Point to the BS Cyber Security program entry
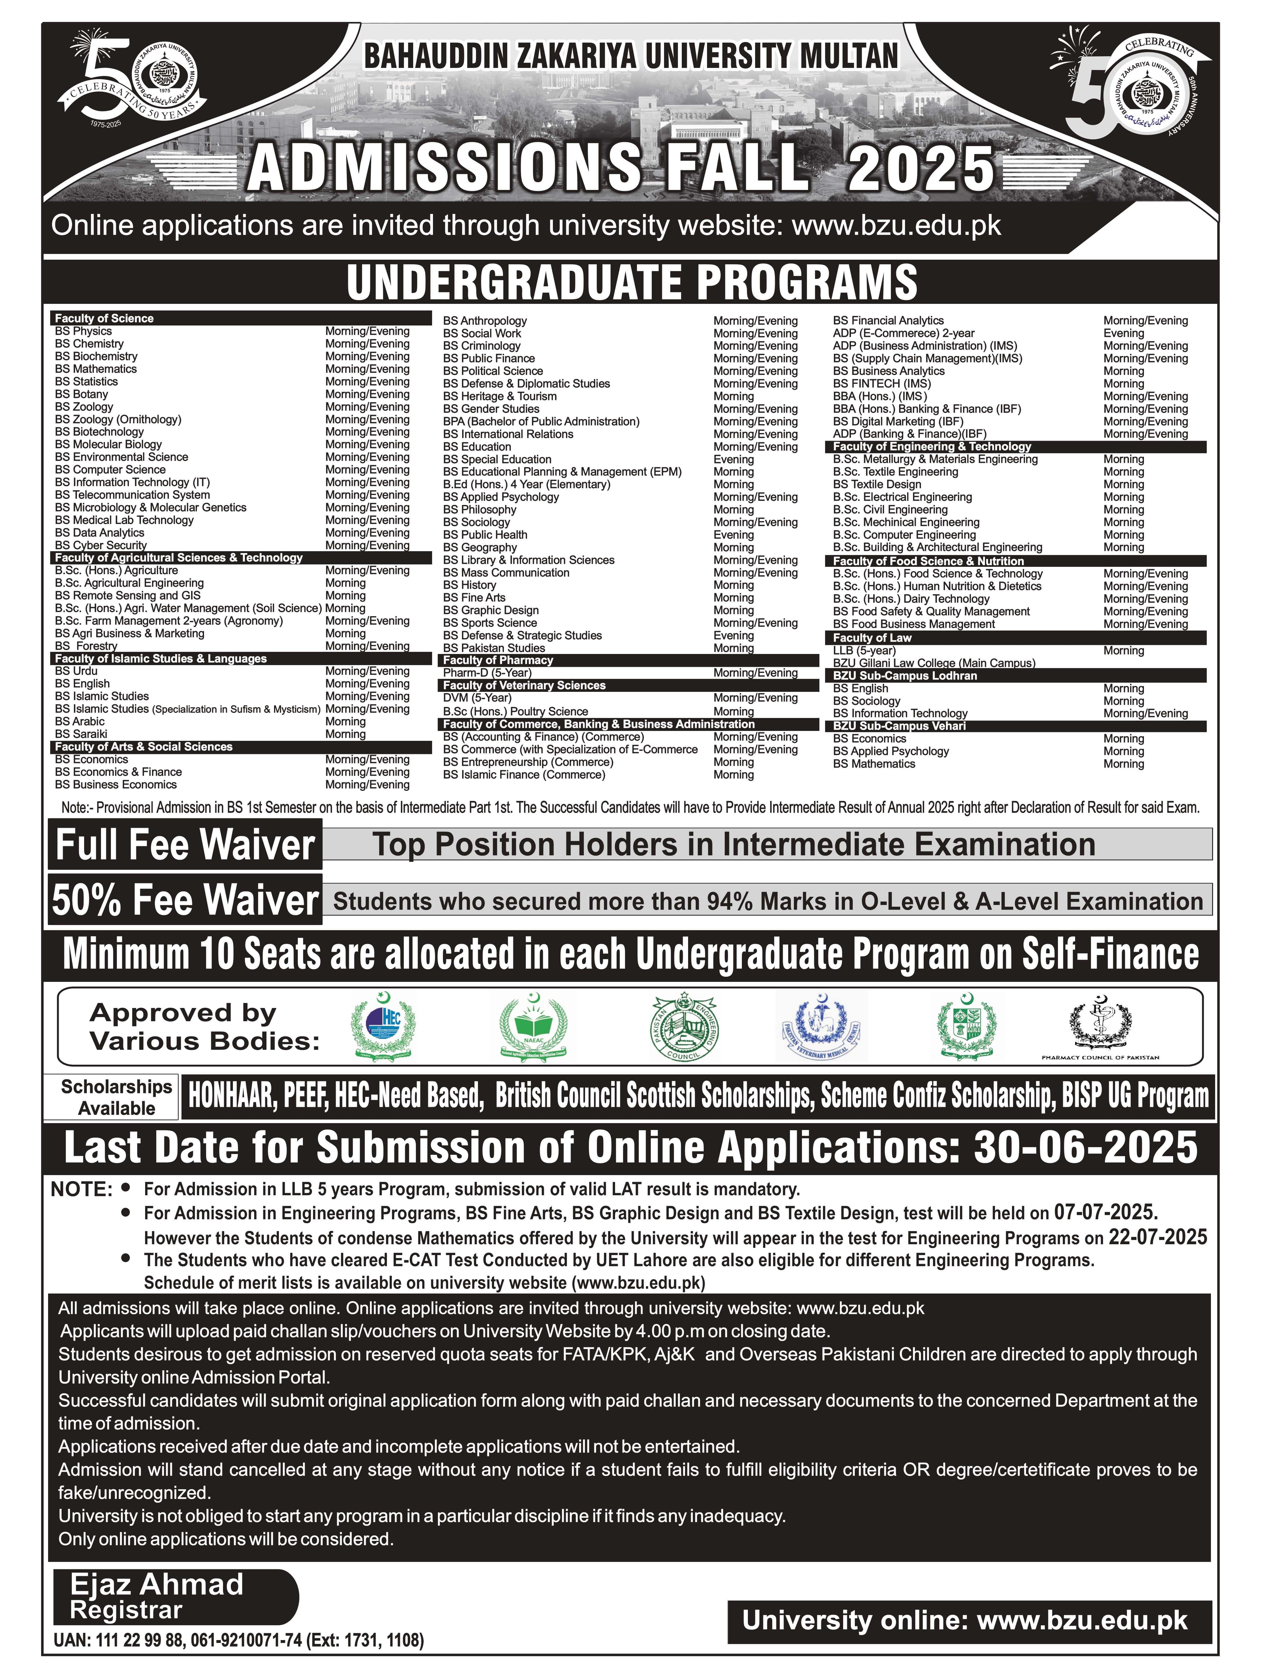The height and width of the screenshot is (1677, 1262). click(101, 545)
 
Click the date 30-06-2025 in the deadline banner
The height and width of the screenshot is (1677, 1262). click(1085, 1148)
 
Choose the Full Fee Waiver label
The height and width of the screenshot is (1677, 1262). click(185, 845)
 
